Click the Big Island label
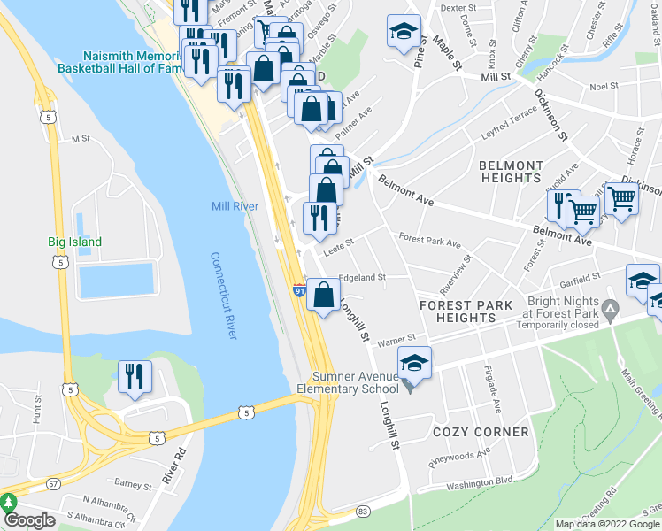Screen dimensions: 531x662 pyautogui.click(x=74, y=242)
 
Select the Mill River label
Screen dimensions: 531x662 pyautogui.click(x=235, y=206)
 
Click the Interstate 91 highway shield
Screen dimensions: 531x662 pyautogui.click(x=301, y=289)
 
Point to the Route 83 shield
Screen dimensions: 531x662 pyautogui.click(x=362, y=512)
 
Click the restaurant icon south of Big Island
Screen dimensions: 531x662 pyautogui.click(x=135, y=377)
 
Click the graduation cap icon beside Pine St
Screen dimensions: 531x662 pyautogui.click(x=404, y=32)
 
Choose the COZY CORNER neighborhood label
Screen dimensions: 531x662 pyautogui.click(x=481, y=432)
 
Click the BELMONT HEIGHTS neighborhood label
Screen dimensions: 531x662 pyautogui.click(x=511, y=172)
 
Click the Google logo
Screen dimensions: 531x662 pyautogui.click(x=29, y=520)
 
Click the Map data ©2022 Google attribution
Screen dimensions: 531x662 pyautogui.click(x=607, y=524)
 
